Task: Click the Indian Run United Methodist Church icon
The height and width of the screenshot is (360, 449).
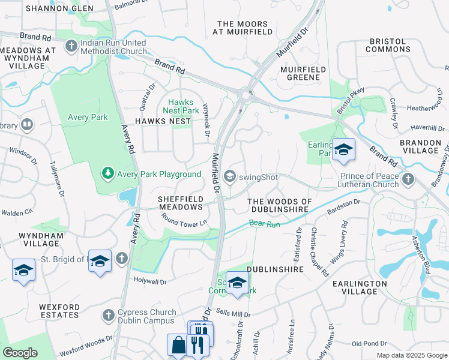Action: coord(71,46)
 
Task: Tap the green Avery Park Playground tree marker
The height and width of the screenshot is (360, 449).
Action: coord(107,174)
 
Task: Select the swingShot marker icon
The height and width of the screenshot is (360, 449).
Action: coord(229,176)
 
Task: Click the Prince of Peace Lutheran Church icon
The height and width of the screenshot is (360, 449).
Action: coord(408,179)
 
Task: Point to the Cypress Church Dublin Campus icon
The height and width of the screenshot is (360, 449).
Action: coord(109,315)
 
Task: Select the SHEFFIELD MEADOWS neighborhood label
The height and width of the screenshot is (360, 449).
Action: coord(180,202)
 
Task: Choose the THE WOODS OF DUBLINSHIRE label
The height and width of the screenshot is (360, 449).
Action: coord(280,205)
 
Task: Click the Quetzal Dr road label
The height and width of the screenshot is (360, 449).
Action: coord(143,97)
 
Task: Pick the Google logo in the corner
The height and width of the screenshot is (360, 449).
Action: coord(20,352)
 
